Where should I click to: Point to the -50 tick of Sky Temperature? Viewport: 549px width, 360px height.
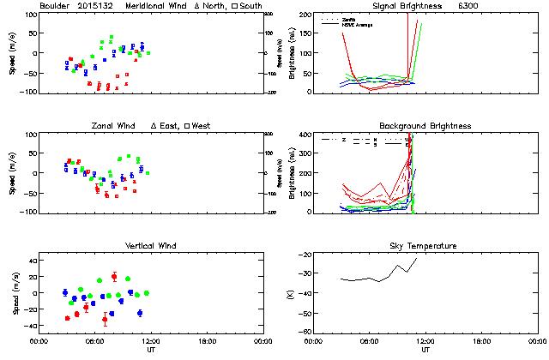coord(305,315)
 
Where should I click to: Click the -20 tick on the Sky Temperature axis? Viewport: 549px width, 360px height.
coord(305,255)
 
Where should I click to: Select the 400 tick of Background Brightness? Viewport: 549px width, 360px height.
coord(304,135)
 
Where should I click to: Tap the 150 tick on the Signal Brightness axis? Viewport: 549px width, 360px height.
coord(304,34)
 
